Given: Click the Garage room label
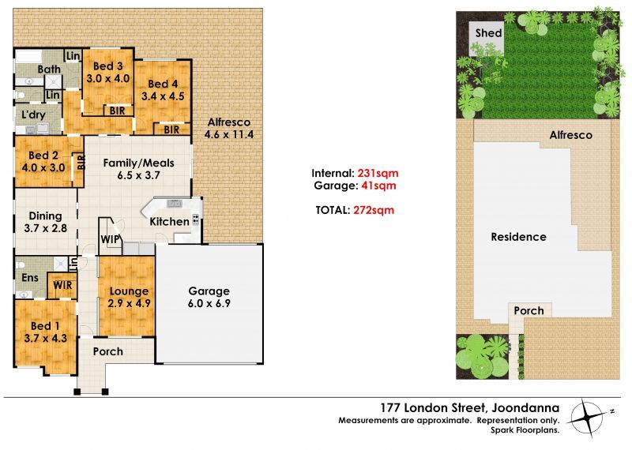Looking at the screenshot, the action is coord(209,291).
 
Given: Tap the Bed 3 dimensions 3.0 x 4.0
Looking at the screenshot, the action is coord(108,78).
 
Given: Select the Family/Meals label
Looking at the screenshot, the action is coord(139,163).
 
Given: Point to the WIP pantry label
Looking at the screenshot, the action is coord(110,239).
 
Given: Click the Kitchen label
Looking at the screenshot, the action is coord(169,222).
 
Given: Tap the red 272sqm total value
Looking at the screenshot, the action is coord(374,210).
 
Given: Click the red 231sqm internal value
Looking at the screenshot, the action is coord(378,173).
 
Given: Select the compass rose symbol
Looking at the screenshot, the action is coord(589,417).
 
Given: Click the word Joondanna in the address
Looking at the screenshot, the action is coord(525,408).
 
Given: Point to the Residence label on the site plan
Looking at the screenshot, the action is coord(518,237).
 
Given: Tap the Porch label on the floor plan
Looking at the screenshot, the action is coord(108,351).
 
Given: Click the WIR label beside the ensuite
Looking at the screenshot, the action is coord(62,285).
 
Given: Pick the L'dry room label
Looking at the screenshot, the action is coord(33,114).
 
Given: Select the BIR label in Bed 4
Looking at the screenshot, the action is coord(171,129).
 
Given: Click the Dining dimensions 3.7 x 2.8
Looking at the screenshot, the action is coord(45,228).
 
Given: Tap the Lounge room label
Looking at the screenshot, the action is coord(129,291).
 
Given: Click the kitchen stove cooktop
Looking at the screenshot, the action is coord(196,219).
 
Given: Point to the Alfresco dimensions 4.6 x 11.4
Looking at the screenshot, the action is coord(228,134).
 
